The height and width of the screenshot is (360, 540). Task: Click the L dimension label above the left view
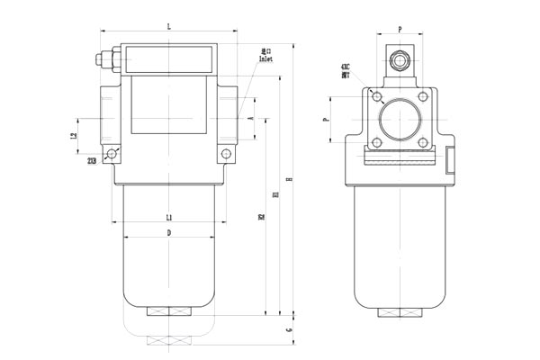tap(169, 28)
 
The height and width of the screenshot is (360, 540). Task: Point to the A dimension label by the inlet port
tap(249, 118)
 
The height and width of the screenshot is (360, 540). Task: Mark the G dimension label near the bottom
tap(289, 331)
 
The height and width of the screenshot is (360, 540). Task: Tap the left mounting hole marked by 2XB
tap(112, 154)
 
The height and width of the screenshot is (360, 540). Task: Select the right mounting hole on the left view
tap(227, 155)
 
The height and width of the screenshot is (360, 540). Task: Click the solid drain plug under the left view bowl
tap(169, 312)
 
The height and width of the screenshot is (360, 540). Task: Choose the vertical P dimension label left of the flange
tap(327, 118)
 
